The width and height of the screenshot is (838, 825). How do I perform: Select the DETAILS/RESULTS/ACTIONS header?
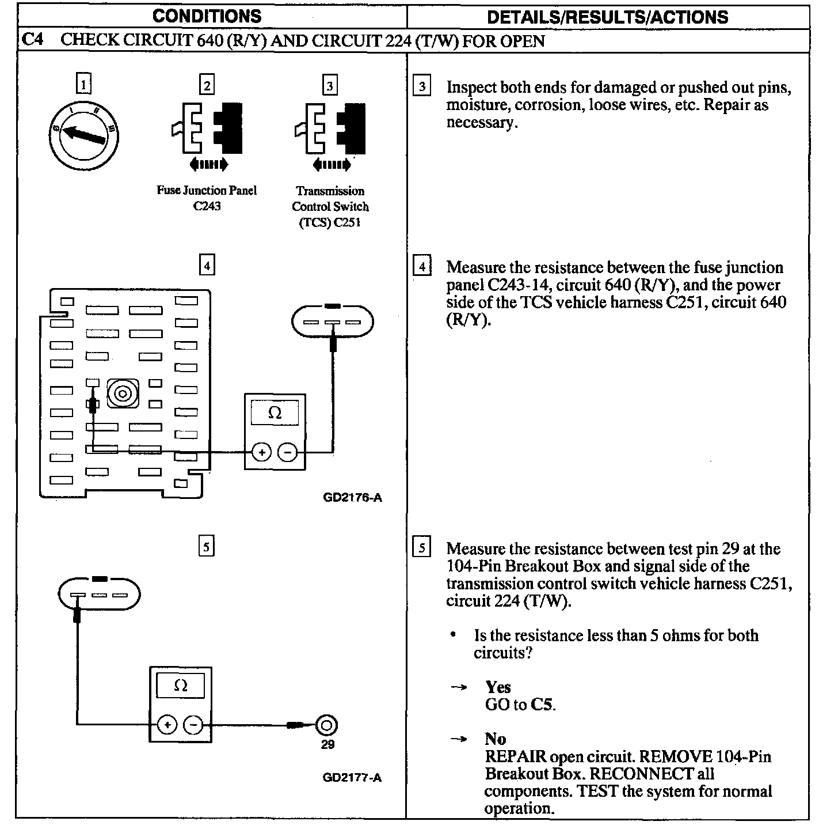click(607, 17)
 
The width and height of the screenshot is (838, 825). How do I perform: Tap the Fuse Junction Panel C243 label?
click(207, 198)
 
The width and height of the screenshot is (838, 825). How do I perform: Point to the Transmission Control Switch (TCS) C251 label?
click(330, 207)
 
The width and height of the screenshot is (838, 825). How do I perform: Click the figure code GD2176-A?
click(352, 497)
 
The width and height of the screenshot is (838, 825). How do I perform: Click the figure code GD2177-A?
click(352, 778)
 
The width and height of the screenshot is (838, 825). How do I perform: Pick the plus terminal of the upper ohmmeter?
click(262, 452)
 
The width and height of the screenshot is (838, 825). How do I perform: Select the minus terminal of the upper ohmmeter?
click(288, 452)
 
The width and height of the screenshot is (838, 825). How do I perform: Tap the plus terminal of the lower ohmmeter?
click(167, 724)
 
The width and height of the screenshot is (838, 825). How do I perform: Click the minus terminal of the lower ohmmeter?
click(193, 724)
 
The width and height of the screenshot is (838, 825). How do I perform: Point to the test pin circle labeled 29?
click(327, 725)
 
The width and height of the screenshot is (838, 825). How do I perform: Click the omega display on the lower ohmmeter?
click(181, 686)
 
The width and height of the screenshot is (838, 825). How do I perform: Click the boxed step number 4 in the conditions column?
click(207, 266)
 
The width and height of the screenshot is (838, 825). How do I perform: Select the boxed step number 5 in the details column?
click(422, 547)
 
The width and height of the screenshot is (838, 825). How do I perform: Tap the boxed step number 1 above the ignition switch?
click(84, 85)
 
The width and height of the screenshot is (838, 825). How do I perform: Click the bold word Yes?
click(498, 687)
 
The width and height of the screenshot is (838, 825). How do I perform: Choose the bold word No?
click(495, 739)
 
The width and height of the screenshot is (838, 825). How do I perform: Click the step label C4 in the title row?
click(33, 40)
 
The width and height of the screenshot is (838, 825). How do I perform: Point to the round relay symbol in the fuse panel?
click(123, 393)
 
